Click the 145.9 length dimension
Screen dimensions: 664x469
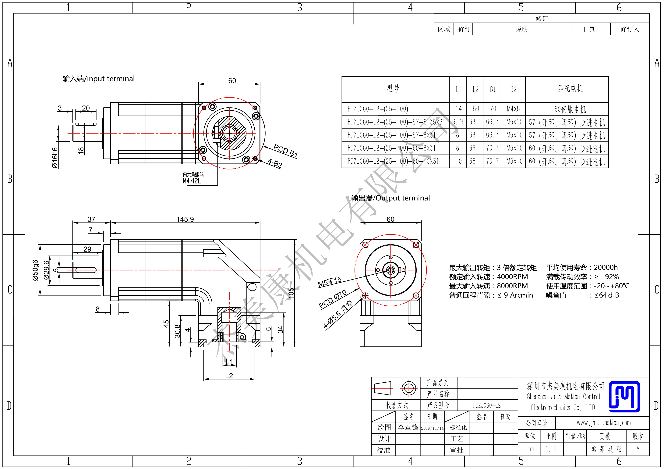click(x=185, y=219)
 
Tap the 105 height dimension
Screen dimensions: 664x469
click(x=291, y=293)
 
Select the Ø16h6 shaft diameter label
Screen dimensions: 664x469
click(x=55, y=158)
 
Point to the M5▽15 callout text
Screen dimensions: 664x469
click(x=330, y=282)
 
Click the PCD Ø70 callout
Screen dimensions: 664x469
click(x=333, y=299)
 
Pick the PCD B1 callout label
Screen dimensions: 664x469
click(x=285, y=151)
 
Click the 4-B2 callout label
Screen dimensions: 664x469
click(x=275, y=163)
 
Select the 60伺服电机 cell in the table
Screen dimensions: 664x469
click(x=570, y=109)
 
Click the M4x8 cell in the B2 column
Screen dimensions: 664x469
click(x=513, y=109)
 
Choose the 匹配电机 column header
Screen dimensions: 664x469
click(x=570, y=89)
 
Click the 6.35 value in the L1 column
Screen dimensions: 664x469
click(x=458, y=122)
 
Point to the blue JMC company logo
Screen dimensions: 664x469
click(x=624, y=396)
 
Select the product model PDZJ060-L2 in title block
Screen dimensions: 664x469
click(x=487, y=405)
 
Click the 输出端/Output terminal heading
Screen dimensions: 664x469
click(x=390, y=198)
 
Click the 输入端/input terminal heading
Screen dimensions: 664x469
click(x=99, y=79)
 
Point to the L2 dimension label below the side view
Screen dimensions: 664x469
click(x=229, y=375)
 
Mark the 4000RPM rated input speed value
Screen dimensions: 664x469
click(x=512, y=276)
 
